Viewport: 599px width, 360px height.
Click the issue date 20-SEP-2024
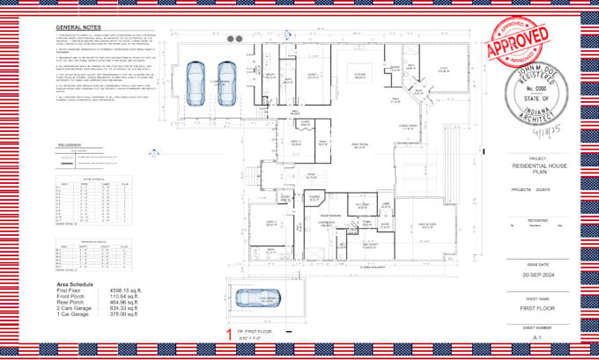537,274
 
